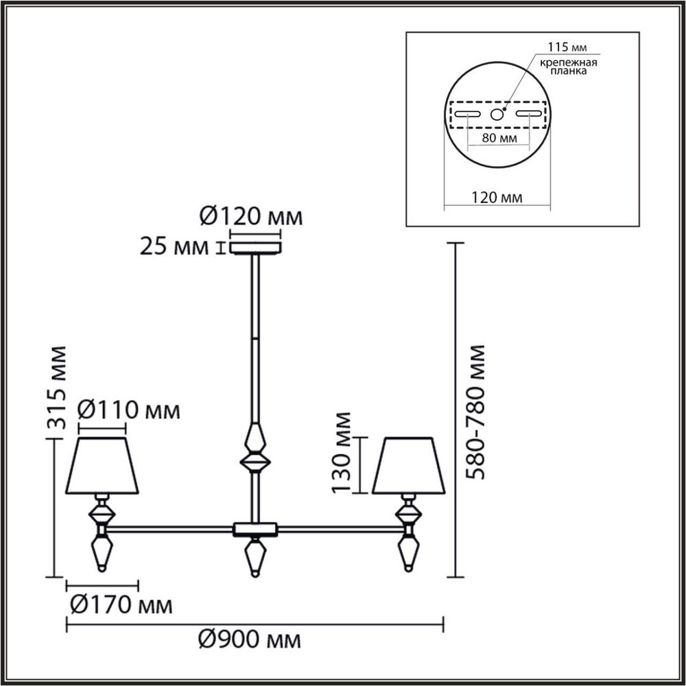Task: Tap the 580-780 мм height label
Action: (474, 412)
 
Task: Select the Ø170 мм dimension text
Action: (121, 605)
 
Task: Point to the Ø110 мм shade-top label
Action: (128, 411)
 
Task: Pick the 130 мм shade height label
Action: (341, 452)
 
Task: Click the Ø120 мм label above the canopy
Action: (251, 217)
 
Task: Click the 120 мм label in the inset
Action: (497, 198)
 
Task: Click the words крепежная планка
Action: (565, 67)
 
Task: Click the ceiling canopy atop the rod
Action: (255, 246)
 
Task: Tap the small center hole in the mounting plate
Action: (497, 115)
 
